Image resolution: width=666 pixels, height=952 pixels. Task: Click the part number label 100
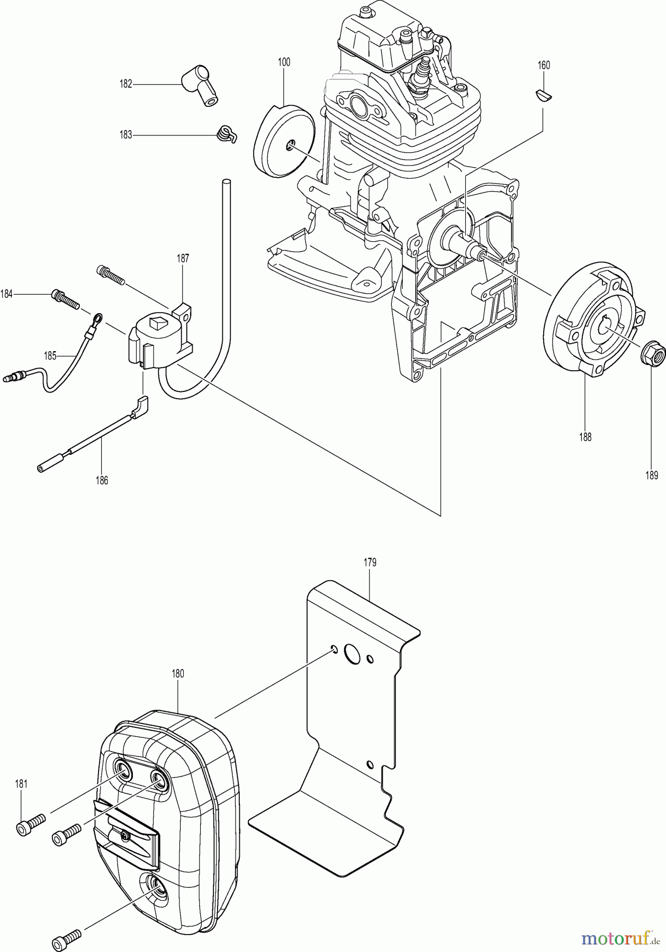[284, 62]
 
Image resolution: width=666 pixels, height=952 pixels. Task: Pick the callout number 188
[585, 437]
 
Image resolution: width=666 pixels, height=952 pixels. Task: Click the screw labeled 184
[65, 299]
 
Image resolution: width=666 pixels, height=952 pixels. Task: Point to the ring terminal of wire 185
[97, 319]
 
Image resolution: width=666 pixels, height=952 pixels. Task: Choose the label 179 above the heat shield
[370, 562]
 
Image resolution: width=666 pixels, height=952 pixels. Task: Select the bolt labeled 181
[31, 826]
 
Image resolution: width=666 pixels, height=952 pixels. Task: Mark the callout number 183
[125, 135]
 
